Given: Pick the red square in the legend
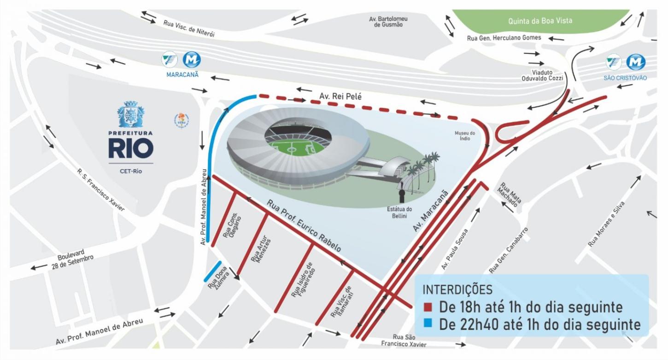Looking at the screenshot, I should point(428,307).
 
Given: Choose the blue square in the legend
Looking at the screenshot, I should point(428,324).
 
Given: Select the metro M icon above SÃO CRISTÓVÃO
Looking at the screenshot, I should point(636,62).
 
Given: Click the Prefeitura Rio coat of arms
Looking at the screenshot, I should point(131,114).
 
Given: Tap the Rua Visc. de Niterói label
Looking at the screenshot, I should point(189,29).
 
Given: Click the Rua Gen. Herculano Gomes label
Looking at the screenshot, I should point(504,38).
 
